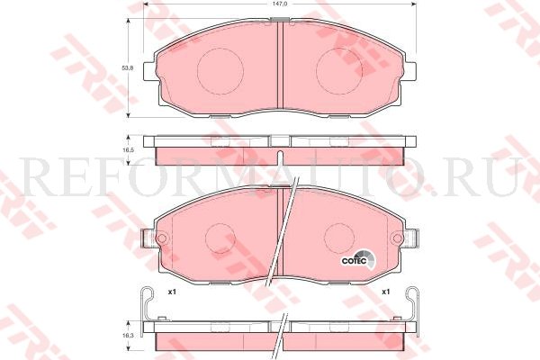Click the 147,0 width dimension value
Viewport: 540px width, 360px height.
(x=280, y=5)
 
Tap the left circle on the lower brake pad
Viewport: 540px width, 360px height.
(x=220, y=238)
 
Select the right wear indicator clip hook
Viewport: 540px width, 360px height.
(x=413, y=301)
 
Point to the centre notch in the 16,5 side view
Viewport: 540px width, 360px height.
(x=279, y=140)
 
